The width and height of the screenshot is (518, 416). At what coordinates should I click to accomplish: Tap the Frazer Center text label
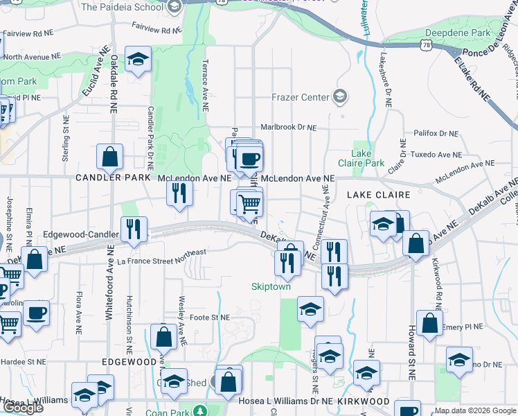click(300, 97)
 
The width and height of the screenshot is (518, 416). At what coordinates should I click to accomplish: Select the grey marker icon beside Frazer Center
click(340, 96)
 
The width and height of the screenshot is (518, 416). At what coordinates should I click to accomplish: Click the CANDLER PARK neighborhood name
click(114, 178)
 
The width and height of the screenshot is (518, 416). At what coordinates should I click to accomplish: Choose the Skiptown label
click(271, 286)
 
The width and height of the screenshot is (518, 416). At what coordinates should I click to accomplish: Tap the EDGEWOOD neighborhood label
click(129, 362)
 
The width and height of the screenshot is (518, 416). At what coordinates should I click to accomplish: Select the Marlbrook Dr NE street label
click(288, 128)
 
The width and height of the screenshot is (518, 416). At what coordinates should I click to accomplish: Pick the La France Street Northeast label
click(161, 257)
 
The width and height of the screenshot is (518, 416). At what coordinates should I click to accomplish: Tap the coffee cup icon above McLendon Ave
click(249, 158)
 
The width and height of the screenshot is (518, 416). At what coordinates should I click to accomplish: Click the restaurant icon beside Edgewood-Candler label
click(133, 229)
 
